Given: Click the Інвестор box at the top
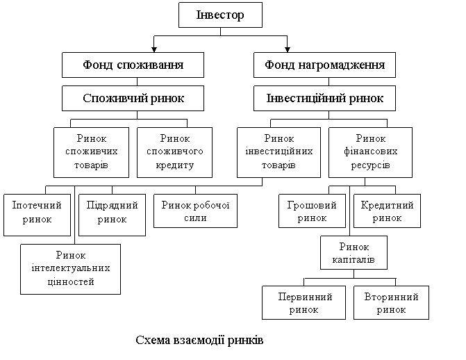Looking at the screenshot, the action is [220, 15].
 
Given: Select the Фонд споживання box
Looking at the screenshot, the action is [133, 65].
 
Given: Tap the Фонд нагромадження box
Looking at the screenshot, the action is [324, 65].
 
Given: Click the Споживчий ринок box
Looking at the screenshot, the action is [133, 98].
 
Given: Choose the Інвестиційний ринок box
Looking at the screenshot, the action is [324, 98].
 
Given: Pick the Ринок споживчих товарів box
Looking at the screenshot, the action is [91, 152].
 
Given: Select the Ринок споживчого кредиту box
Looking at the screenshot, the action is [174, 152].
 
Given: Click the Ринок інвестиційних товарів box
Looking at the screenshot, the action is [278, 152].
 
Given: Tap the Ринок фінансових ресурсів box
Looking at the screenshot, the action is [370, 152].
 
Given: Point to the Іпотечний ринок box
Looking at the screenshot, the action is [37, 215].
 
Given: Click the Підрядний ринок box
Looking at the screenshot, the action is [112, 215].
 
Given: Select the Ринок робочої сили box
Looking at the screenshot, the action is [195, 211].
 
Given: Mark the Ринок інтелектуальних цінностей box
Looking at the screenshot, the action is [70, 269].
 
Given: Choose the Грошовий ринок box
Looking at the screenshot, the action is [312, 211].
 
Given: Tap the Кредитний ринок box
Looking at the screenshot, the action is [387, 211].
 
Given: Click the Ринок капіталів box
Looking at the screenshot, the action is [353, 252].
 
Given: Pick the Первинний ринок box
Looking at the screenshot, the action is [303, 302].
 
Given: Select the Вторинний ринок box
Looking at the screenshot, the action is [391, 302].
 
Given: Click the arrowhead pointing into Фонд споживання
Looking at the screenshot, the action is [154, 49].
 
